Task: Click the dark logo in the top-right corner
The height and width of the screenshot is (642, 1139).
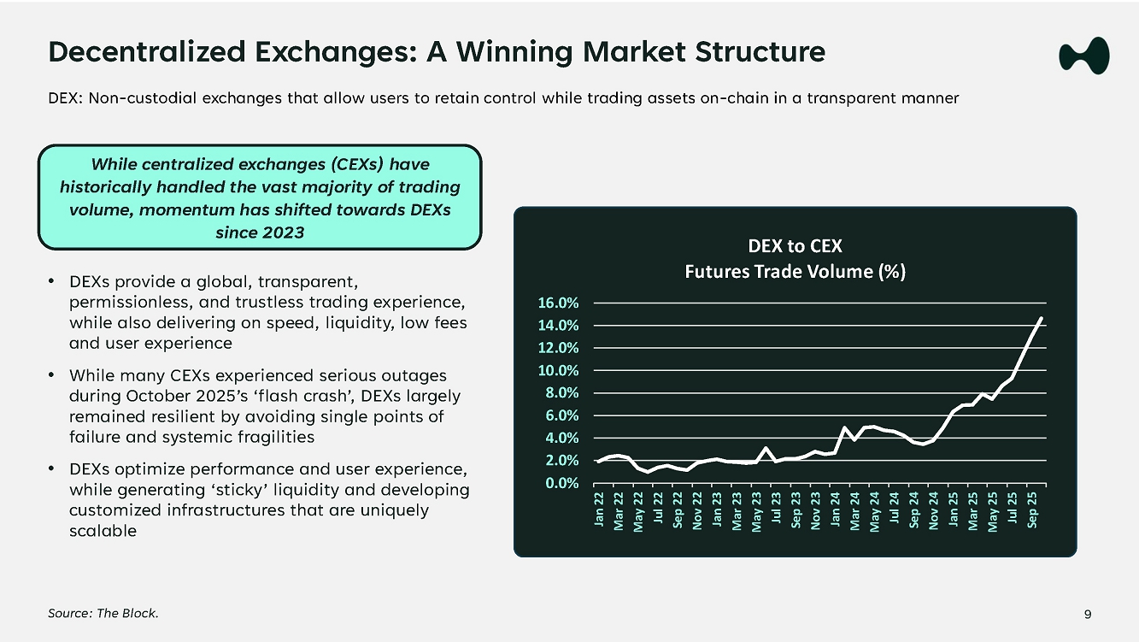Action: [x=1083, y=56]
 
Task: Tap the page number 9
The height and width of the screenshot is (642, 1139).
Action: [x=1088, y=614]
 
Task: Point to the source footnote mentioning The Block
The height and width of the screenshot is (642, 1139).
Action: [x=103, y=614]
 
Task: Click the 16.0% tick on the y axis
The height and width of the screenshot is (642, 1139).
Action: [x=557, y=303]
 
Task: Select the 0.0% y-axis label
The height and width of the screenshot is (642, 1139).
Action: [x=561, y=483]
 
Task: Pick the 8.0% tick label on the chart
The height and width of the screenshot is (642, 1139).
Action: [x=561, y=393]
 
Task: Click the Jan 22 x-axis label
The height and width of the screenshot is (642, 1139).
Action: [x=599, y=509]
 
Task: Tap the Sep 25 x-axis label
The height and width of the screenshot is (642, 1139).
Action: [x=1032, y=509]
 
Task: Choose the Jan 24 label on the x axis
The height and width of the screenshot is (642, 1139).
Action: [x=835, y=509]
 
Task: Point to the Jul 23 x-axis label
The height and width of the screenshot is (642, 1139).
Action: [x=776, y=509]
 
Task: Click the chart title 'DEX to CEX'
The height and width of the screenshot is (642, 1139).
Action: [x=795, y=246]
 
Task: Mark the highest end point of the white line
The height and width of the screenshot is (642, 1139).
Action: [x=1042, y=318]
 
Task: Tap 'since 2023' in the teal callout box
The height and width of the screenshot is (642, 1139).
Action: [x=260, y=232]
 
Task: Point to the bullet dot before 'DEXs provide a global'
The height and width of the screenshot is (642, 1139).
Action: [x=52, y=281]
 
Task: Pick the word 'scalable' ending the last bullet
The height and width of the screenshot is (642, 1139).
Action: [x=103, y=531]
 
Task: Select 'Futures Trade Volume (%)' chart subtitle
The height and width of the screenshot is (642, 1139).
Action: [x=795, y=272]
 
